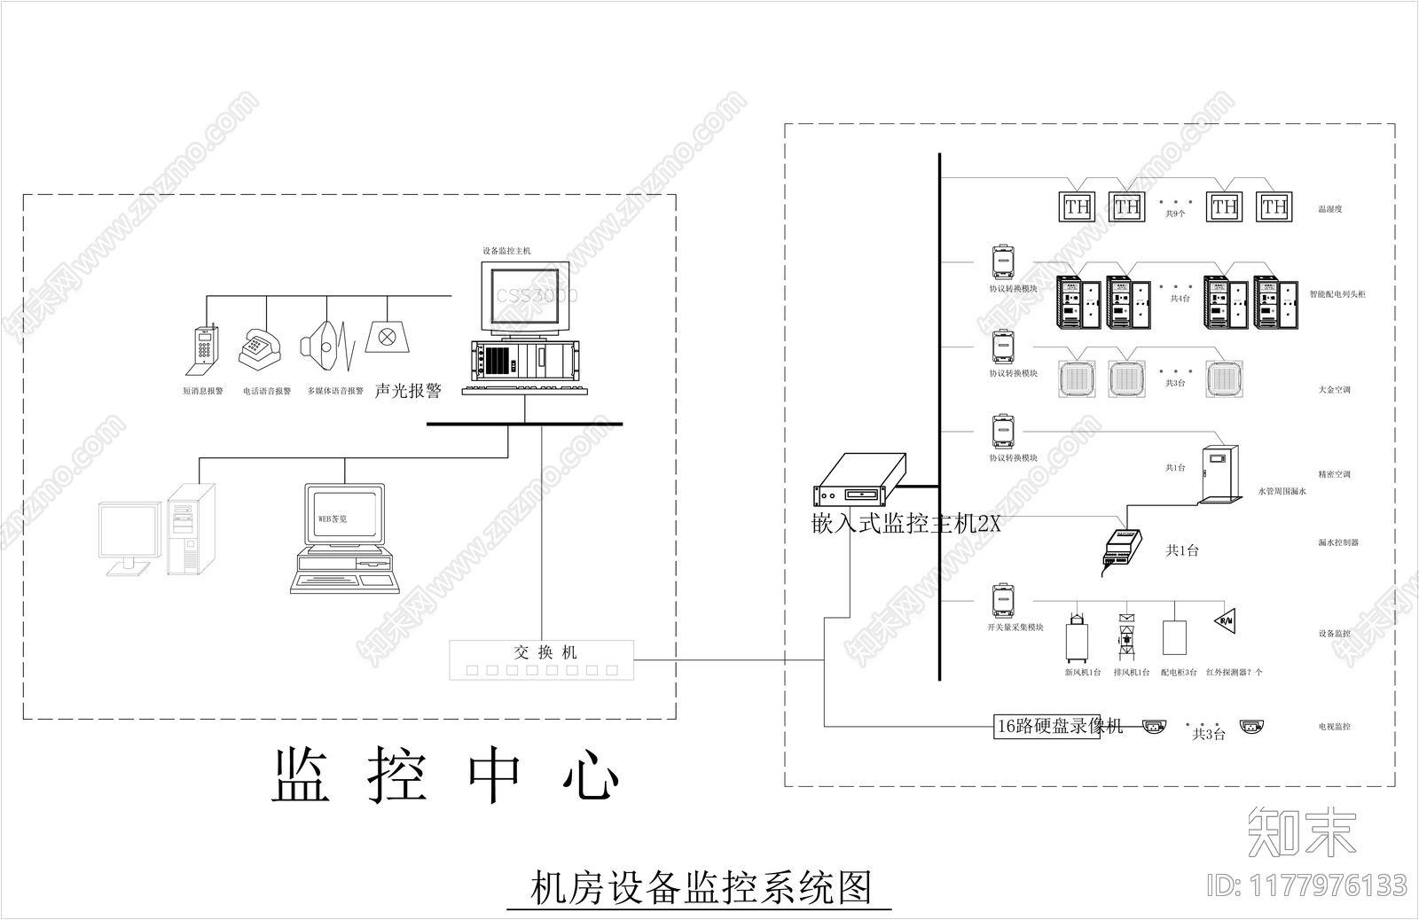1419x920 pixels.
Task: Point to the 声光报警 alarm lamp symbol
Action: point(387,337)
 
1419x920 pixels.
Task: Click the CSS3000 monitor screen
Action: point(525,296)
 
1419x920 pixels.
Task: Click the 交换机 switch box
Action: point(542,659)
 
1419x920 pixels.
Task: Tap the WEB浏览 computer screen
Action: point(345,515)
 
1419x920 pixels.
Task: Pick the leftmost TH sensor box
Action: point(1078,207)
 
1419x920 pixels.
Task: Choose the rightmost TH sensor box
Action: point(1274,207)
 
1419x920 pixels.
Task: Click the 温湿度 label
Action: point(1329,209)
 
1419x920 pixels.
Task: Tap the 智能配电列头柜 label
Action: point(1337,294)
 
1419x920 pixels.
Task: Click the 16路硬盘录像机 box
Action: point(1047,726)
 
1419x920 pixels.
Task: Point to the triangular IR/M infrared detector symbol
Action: point(1227,620)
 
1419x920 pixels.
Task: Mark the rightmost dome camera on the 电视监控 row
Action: point(1251,727)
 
